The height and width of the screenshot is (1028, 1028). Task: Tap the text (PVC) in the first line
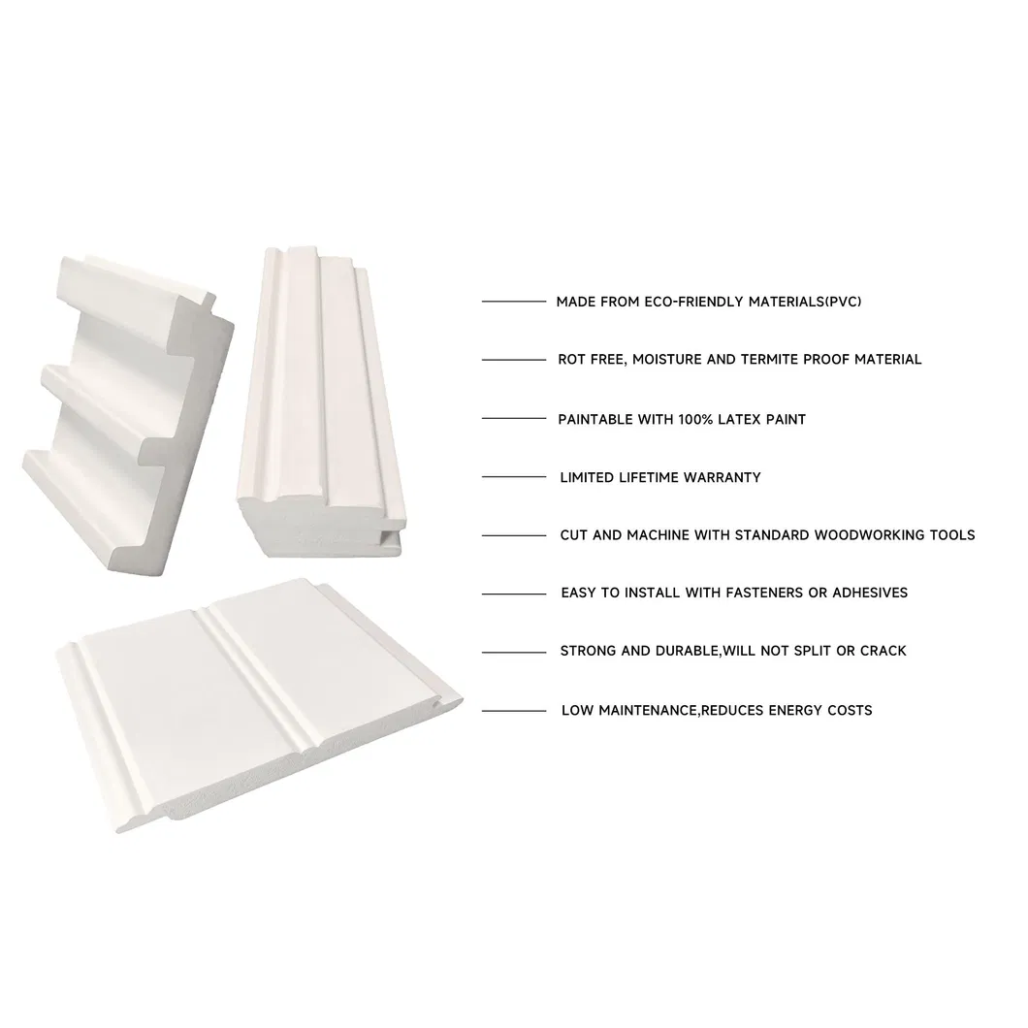click(843, 302)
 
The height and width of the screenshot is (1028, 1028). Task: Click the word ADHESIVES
click(870, 593)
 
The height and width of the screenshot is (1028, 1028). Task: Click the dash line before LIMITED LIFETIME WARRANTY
click(514, 476)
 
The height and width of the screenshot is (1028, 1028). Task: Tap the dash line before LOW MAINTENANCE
click(514, 711)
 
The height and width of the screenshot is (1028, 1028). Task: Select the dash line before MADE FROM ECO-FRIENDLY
click(514, 301)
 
